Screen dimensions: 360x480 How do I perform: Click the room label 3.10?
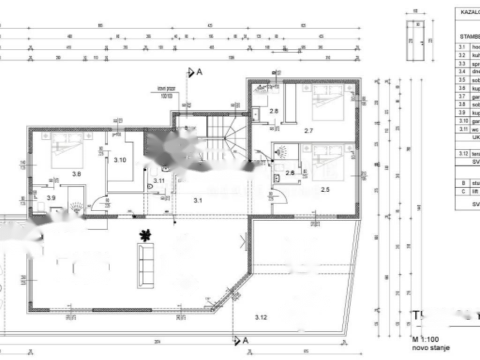[x=120, y=160]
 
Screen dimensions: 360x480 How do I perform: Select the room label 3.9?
[x=51, y=198]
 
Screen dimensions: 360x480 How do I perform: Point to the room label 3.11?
[x=158, y=180]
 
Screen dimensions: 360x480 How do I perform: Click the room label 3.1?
[x=198, y=201]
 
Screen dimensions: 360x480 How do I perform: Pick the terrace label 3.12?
[x=261, y=317]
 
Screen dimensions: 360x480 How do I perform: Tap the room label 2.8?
[x=274, y=111]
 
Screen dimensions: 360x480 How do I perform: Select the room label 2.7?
[x=308, y=131]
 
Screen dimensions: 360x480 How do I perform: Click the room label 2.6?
[x=290, y=173]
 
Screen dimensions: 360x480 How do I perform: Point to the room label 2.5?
[x=325, y=189]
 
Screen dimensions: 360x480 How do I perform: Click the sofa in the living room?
[x=145, y=265]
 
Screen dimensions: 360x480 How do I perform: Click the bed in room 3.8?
[x=67, y=150]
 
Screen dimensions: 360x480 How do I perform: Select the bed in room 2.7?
[x=328, y=102]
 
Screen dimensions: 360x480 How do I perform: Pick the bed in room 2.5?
[x=328, y=162]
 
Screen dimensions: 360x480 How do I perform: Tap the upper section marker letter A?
[x=199, y=72]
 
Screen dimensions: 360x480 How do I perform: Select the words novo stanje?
[x=431, y=347]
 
